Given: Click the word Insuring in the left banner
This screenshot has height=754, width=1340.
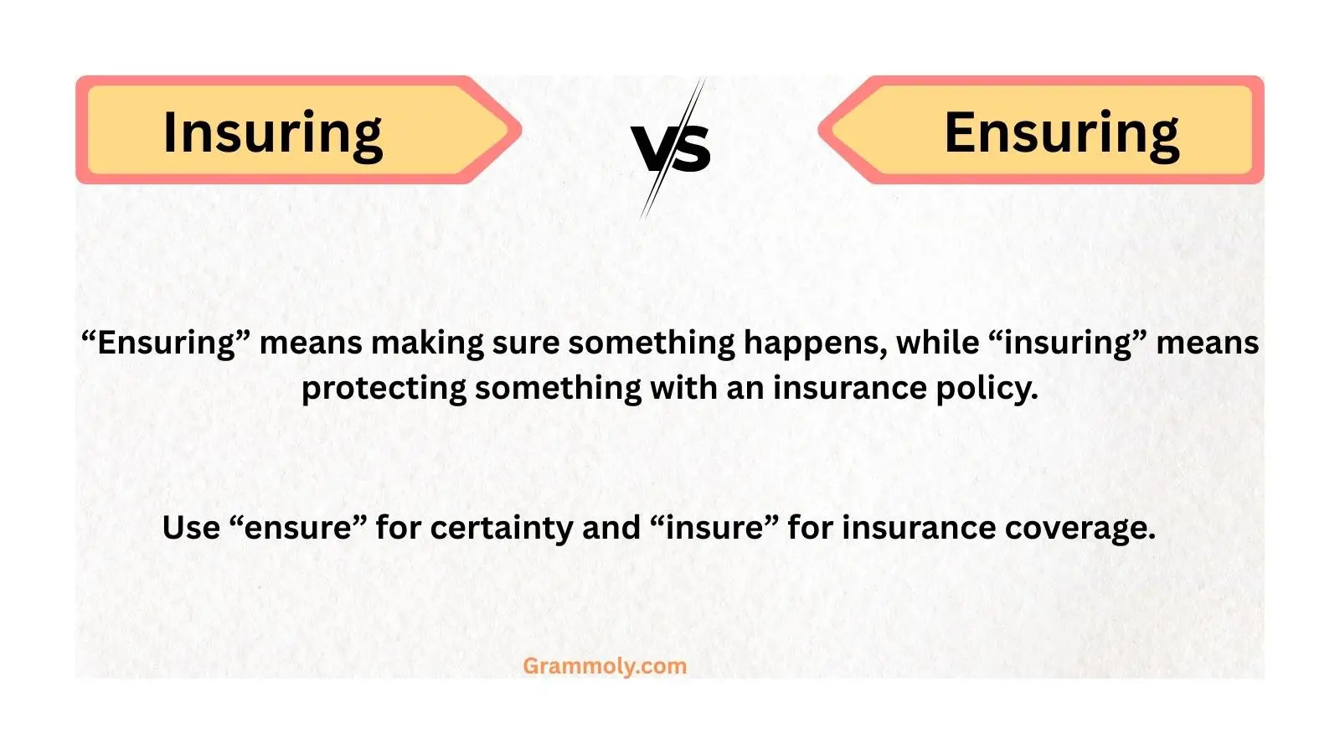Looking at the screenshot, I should [272, 132].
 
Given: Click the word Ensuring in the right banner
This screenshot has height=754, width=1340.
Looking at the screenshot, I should [1061, 132].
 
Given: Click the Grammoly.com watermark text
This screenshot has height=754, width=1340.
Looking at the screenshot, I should [605, 666].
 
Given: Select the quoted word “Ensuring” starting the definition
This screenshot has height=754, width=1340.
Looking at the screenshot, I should [166, 343].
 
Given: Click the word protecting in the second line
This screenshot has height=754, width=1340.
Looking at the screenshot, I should [384, 388].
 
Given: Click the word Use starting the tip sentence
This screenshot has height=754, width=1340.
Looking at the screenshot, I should [191, 528].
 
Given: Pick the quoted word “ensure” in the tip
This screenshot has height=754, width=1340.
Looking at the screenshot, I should [298, 528].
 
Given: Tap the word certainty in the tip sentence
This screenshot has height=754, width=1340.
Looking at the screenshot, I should [500, 528].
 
